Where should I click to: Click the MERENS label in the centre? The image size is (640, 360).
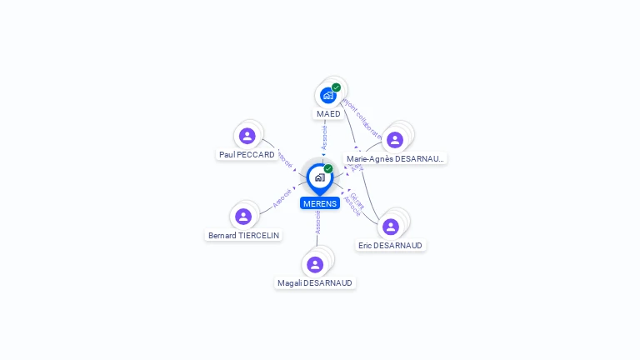pos(320,203)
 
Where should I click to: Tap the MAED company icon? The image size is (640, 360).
pos(328,95)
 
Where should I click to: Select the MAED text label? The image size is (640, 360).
pos(328,114)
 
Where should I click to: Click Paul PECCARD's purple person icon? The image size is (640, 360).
pos(247,136)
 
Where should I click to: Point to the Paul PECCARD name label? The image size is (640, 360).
pos(247,155)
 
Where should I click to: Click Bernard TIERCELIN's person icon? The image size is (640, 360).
pos(243,217)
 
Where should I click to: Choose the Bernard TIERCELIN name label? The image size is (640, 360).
pos(243,236)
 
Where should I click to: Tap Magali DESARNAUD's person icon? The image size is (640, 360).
pos(315,264)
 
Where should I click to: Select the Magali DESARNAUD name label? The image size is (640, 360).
pos(315,283)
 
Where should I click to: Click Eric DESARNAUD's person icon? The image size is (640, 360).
pos(390,227)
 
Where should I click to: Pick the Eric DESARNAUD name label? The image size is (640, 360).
pos(390,246)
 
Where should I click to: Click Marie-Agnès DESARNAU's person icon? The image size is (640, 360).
pos(395,139)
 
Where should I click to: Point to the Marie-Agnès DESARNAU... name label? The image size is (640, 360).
pos(395,158)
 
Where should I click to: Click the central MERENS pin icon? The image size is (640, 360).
pos(319,177)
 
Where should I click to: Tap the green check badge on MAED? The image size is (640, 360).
pos(336,87)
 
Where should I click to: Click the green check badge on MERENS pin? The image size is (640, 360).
pos(328,169)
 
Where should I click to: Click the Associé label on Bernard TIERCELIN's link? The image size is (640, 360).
pos(282,198)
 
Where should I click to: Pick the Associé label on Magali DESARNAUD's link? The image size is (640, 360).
pos(317,222)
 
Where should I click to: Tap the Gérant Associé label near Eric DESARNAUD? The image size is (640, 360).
pos(354,204)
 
